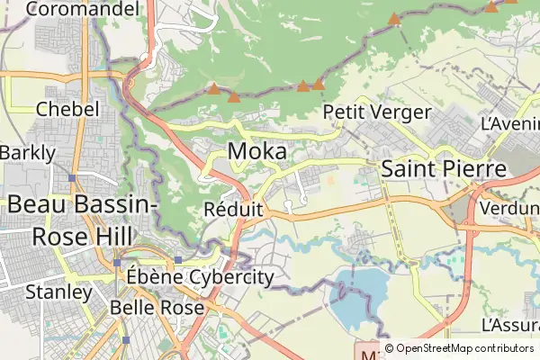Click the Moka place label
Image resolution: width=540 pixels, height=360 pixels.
(x=257, y=151)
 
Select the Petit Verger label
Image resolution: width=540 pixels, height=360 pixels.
(x=376, y=113)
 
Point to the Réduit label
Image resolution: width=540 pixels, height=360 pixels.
(x=233, y=210)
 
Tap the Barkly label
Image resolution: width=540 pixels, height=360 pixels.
(x=27, y=153)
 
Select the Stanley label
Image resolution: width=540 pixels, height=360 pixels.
(x=58, y=292)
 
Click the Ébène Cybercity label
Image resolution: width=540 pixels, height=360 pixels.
(x=199, y=276)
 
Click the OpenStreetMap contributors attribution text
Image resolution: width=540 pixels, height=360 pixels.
(x=464, y=348)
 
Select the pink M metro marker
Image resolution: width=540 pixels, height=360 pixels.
(x=366, y=350)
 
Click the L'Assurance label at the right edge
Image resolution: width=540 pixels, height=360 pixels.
(x=511, y=324)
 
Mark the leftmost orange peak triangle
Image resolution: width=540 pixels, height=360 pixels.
(x=212, y=89)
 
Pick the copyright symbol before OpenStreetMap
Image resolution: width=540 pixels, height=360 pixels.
(x=389, y=348)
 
